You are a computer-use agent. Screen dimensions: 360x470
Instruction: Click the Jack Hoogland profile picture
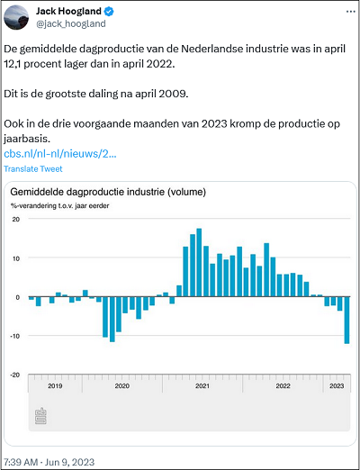(16, 17)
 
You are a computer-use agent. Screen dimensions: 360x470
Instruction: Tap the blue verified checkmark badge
(109, 12)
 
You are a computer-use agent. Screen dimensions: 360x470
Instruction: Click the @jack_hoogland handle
(71, 23)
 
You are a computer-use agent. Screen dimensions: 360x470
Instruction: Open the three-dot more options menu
(351, 12)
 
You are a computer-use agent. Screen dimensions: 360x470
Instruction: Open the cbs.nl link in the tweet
(60, 154)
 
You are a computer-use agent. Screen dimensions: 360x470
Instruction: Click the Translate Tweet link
(33, 169)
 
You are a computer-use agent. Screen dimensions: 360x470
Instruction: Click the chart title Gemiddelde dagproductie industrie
(108, 192)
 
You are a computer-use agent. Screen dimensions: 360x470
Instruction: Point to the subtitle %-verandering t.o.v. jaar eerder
(59, 206)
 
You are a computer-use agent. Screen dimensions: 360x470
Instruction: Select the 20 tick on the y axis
(16, 219)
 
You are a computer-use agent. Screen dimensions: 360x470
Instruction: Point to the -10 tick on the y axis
(15, 336)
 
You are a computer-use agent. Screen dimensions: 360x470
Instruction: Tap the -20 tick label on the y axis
(15, 375)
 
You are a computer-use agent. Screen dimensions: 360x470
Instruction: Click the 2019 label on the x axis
(55, 386)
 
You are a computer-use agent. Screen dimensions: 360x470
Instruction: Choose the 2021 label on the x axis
(202, 386)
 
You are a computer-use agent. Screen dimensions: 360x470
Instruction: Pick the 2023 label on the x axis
(337, 386)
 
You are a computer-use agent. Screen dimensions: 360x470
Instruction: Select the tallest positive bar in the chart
(199, 263)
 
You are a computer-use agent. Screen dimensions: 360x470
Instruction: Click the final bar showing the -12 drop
(346, 320)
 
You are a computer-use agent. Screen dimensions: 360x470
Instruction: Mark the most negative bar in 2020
(112, 319)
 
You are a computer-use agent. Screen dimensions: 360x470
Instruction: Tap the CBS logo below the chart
(40, 416)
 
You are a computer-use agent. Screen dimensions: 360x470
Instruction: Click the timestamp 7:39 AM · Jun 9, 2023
(49, 462)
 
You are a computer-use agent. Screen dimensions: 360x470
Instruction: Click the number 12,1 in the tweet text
(13, 64)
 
